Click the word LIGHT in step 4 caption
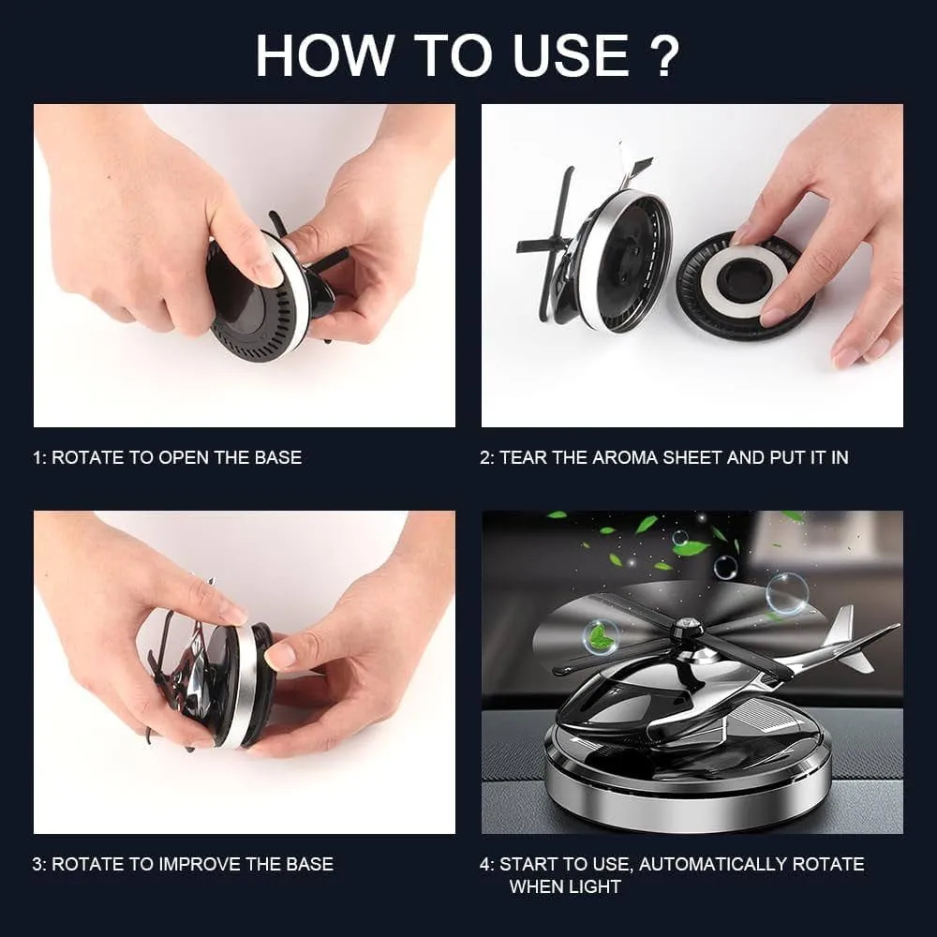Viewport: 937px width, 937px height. (593, 886)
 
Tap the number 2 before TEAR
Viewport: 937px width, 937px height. (485, 458)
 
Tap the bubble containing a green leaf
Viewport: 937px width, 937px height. (599, 637)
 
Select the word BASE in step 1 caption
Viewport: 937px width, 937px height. (278, 458)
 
